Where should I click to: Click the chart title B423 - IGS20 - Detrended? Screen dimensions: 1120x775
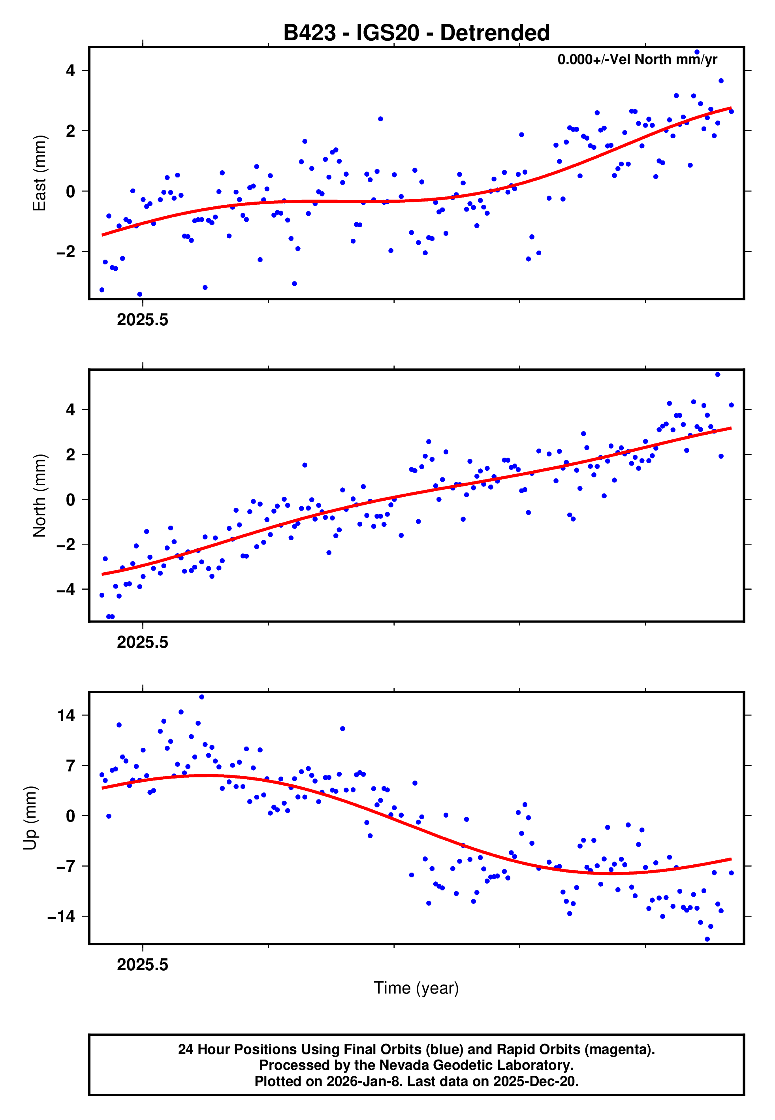coord(416,33)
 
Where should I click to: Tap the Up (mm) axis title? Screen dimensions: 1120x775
coord(30,818)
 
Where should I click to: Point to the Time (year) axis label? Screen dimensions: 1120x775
coord(416,988)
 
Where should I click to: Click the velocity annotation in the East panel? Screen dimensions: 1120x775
coord(637,59)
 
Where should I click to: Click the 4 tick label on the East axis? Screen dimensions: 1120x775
coord(71,71)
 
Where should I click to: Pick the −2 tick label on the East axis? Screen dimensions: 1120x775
coord(66,252)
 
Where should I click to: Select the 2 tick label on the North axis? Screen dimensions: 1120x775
coord(71,454)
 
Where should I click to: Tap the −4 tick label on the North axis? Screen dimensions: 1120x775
coord(66,590)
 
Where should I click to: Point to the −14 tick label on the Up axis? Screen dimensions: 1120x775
coord(61,916)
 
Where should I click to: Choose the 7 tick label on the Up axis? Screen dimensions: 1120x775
coord(71,766)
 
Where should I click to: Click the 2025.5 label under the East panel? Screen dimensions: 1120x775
coord(142,320)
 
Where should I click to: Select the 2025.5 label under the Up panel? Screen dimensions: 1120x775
coord(142,965)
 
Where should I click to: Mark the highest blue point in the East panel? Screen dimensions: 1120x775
coord(697,52)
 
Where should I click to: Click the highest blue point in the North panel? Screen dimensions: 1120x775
coord(718,375)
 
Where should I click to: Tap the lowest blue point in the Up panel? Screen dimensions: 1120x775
coord(707,939)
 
